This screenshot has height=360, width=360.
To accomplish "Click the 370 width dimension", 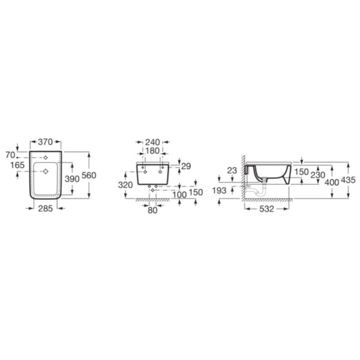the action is pos(45,142).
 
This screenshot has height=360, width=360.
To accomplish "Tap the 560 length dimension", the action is pos(89,175).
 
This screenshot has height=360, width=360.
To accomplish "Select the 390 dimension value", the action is pos(72,179).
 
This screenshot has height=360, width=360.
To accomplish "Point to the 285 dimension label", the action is pos(46,208).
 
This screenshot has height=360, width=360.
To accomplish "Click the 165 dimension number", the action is pos(17,165).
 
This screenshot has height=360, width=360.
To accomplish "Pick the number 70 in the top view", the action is pos(10,155).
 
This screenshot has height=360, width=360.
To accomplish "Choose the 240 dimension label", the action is pos(152,142).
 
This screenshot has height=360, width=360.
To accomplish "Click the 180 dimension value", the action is pos(152,151).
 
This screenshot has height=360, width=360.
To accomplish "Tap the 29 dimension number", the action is pos(186,166).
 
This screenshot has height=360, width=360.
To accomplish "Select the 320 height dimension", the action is pos(125,185).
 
